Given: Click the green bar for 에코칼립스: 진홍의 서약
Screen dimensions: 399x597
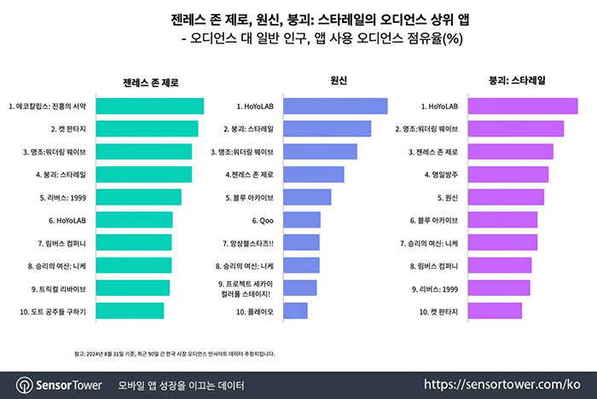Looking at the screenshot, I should tap(149, 107).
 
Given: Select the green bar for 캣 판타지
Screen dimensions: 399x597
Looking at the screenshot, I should tap(147, 129).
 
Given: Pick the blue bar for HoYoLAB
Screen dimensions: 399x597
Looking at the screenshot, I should tap(334, 107).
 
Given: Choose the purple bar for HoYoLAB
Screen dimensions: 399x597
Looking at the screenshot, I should tap(525, 107).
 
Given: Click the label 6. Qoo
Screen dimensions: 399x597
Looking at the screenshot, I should tap(262, 220).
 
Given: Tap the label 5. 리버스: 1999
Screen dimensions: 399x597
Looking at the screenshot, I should tap(67, 197).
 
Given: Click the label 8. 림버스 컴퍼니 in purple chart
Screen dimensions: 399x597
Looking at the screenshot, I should tap(435, 265).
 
